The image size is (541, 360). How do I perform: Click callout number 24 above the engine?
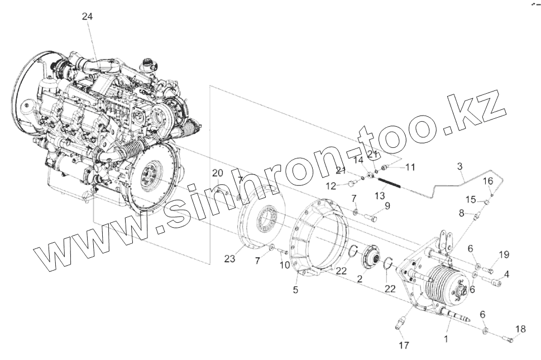tap(87, 16)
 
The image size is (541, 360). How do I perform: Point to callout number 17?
tap(403, 345)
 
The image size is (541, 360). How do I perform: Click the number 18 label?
tap(520, 329)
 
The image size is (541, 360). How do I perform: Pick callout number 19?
tap(504, 255)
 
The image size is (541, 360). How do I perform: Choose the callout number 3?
tap(459, 166)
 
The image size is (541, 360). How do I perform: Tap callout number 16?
tap(487, 181)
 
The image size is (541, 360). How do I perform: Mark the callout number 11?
tap(410, 167)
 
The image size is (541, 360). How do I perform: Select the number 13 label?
tap(380, 195)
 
